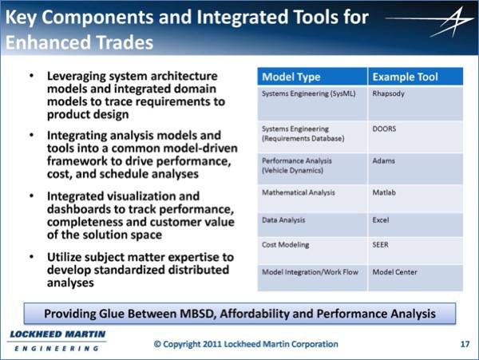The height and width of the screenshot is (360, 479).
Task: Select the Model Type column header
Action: (291, 77)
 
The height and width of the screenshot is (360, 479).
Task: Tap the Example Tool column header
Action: (405, 77)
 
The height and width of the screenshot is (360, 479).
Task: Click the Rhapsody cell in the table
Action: (388, 93)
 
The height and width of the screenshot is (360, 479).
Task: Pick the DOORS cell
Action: (384, 129)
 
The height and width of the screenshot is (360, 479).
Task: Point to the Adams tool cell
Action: (383, 161)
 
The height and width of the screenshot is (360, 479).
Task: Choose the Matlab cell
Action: (384, 192)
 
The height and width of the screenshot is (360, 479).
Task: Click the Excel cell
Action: (381, 220)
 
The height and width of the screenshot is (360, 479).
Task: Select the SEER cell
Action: (380, 245)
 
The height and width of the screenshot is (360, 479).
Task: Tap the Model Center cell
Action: (394, 272)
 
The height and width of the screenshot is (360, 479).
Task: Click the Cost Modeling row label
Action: (286, 245)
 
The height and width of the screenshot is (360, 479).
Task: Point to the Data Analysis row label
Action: (283, 220)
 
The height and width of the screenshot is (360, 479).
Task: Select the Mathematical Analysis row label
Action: (299, 193)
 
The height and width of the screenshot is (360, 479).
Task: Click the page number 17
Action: (465, 344)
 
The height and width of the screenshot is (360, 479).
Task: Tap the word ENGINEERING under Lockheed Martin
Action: (57, 348)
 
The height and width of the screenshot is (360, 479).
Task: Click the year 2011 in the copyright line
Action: (212, 344)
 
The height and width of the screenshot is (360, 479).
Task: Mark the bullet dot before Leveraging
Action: (31, 75)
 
